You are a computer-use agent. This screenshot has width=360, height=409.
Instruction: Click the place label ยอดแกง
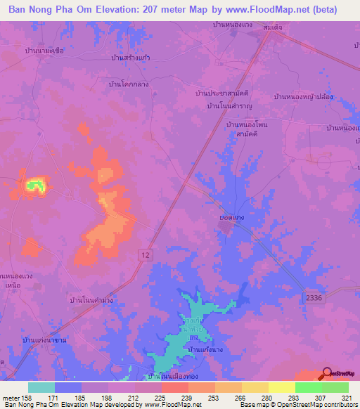click(x=231, y=219)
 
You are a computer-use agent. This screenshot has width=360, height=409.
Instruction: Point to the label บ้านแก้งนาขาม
click(x=44, y=340)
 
